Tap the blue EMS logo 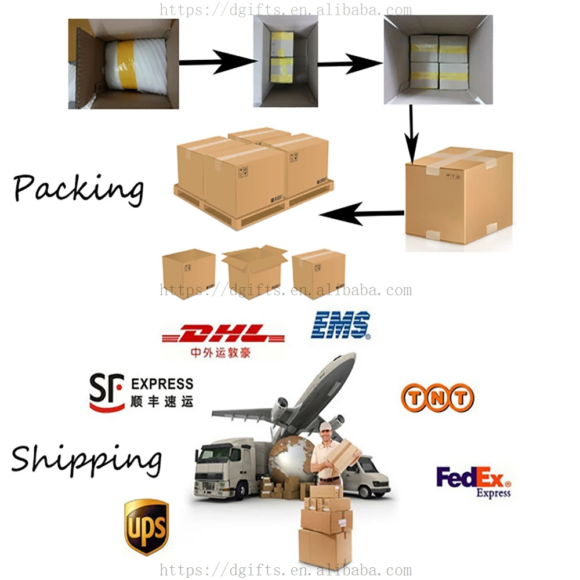click(x=340, y=325)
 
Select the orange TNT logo click(x=437, y=398)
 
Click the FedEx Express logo click(x=473, y=481)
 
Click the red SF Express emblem click(x=106, y=392)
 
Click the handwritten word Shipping click(x=86, y=460)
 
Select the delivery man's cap click(x=326, y=427)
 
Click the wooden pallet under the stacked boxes click(x=249, y=209)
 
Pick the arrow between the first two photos click(x=217, y=62)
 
